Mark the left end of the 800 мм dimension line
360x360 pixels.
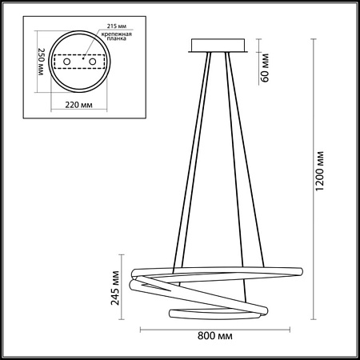click(x=142, y=328)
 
